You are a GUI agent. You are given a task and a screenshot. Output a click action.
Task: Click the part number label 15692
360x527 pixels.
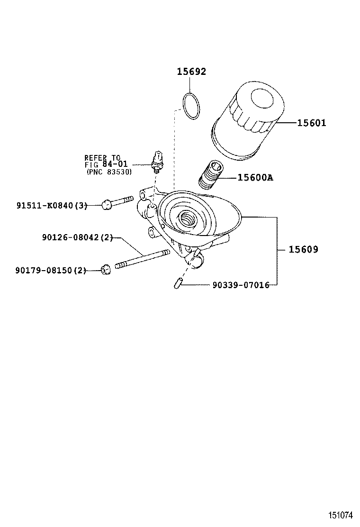pos(191,72)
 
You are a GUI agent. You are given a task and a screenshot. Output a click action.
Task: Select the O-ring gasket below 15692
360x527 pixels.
pos(191,106)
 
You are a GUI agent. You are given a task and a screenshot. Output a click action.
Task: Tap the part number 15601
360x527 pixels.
pos(312,123)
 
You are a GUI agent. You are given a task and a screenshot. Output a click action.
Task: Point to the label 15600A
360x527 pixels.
pos(255,178)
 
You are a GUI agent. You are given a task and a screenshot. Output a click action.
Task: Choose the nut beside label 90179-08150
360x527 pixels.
pos(106,270)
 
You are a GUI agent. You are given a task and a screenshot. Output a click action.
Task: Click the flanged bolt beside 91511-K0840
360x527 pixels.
pos(118,203)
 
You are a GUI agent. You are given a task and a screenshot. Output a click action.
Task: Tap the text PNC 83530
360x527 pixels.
pos(109,172)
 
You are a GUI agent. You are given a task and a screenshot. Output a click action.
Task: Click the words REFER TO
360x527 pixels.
pos(102,157)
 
